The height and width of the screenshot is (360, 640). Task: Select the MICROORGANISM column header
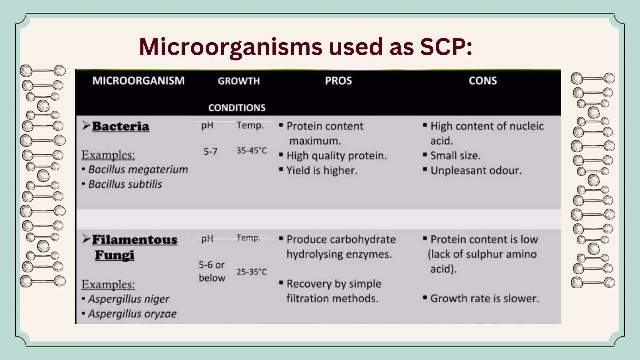point(138,81)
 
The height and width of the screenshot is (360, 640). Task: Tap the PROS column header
point(338,81)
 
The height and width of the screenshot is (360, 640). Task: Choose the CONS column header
point(483,81)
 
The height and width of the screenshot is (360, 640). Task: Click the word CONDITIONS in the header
point(237,107)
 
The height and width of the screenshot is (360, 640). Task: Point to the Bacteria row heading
point(121,126)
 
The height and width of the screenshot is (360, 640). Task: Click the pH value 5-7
point(210,152)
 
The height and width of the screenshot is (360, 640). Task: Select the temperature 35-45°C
point(252,151)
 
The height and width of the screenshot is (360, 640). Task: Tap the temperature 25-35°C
point(252,272)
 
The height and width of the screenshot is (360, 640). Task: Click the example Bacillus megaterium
point(138,169)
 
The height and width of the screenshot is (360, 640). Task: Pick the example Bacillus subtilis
point(125,184)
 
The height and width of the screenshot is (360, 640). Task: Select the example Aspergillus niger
point(129,299)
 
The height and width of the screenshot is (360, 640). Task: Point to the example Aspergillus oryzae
point(132,313)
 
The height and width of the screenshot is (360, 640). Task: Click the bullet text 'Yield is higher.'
point(322,170)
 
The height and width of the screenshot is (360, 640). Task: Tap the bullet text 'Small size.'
point(455,155)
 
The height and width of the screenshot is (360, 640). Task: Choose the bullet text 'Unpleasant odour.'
point(476,170)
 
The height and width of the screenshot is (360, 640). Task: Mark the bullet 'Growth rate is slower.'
point(485,298)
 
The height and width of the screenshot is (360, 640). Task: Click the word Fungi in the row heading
point(115,255)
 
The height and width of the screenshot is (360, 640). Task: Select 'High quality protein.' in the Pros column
point(337,155)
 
